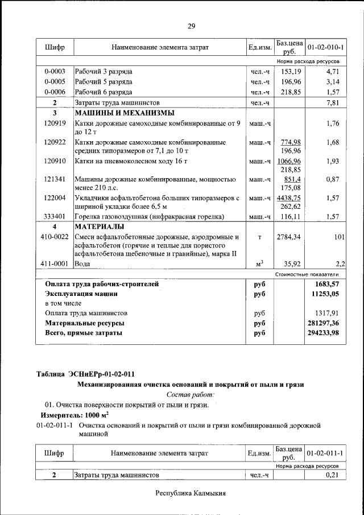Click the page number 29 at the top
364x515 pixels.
[x=191, y=26]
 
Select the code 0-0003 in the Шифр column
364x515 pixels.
[x=55, y=72]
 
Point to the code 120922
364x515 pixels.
[x=55, y=142]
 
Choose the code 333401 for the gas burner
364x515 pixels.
[x=55, y=217]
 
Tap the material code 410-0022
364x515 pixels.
[x=55, y=236]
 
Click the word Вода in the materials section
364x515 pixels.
[x=83, y=264]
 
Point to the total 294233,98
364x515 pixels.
[x=322, y=333]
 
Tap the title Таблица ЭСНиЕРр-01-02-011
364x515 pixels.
[x=85, y=374]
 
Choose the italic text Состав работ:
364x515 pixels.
[x=191, y=394]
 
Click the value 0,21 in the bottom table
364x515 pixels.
[x=332, y=475]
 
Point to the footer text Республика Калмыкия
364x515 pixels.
[x=191, y=493]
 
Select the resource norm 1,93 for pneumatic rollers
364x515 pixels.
[x=333, y=161]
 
